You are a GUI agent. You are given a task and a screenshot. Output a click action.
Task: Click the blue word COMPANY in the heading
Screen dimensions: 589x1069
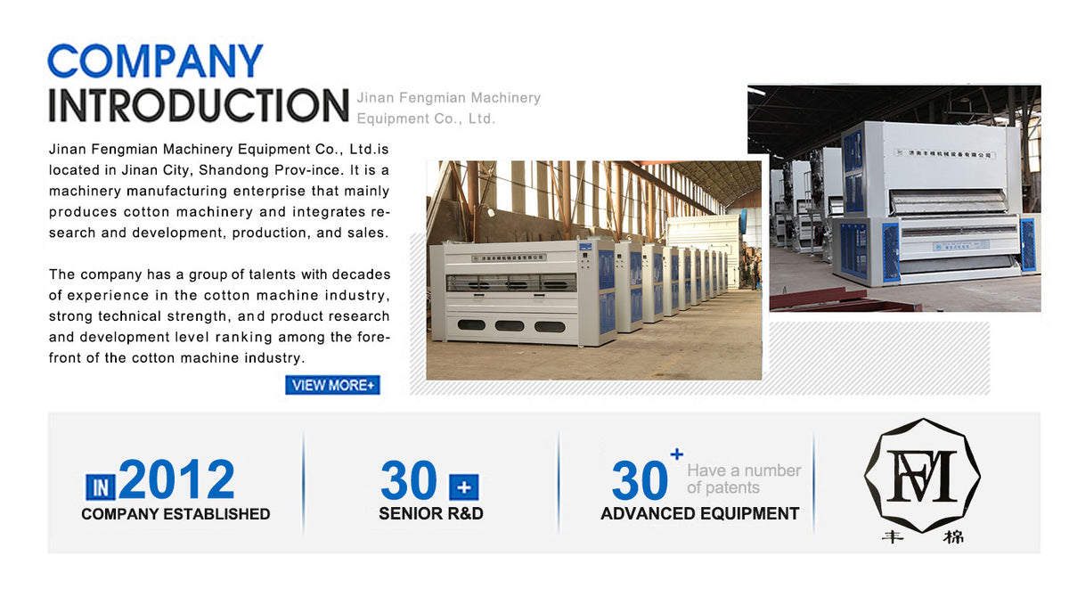155,61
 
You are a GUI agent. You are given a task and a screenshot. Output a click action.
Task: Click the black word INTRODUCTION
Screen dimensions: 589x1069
198,105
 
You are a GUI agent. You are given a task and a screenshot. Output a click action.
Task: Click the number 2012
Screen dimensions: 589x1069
176,479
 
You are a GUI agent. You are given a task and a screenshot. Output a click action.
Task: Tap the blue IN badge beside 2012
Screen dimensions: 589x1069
101,487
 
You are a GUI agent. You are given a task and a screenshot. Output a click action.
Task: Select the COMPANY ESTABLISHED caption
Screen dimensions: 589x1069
175,514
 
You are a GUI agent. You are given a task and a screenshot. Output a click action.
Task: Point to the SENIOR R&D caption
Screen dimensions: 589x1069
431,514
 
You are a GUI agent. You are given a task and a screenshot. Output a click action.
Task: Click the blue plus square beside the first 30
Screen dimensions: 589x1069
463,487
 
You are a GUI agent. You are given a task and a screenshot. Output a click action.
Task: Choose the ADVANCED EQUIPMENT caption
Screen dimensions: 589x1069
699,514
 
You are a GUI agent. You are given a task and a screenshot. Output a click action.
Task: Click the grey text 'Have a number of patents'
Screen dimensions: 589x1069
744,479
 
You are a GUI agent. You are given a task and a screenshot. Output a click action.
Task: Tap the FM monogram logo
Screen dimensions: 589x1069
922,475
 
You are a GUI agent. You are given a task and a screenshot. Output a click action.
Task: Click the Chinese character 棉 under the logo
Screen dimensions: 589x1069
952,537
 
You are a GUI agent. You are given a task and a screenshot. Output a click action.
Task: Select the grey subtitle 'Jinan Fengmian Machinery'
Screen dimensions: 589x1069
448,98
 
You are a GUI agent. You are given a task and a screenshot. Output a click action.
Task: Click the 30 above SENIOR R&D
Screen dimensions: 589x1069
409,481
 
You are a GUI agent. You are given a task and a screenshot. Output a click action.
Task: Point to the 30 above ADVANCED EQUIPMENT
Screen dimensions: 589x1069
640,481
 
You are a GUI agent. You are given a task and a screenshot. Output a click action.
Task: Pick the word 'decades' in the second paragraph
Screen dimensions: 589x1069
362,274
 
